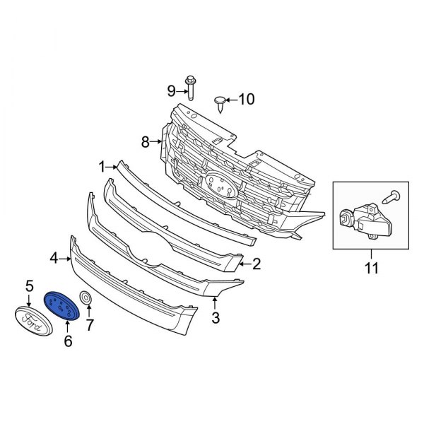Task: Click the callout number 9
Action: tap(170, 90)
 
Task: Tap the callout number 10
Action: tap(246, 100)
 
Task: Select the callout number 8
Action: tap(146, 142)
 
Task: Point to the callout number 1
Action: tap(102, 167)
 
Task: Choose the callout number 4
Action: tap(54, 259)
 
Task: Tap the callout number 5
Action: tap(30, 286)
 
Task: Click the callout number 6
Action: tap(68, 342)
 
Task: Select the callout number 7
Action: tap(89, 326)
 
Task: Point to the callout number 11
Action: tap(371, 269)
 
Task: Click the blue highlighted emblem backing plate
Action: tap(63, 307)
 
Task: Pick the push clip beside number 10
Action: tap(220, 102)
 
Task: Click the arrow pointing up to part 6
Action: tap(68, 327)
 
